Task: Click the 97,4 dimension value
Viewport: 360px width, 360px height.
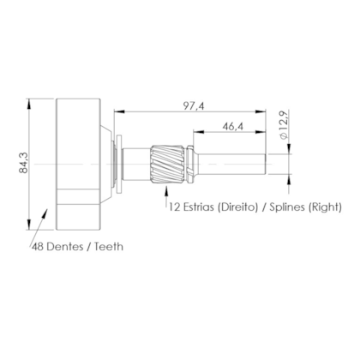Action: click(194, 106)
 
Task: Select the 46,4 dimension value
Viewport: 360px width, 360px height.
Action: click(233, 126)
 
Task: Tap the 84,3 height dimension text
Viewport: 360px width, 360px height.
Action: click(24, 163)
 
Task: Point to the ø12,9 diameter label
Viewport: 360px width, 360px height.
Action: click(285, 125)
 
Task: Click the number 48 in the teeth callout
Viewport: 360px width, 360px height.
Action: click(38, 247)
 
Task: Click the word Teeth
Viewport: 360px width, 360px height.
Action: click(109, 247)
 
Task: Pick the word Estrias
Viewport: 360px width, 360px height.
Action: click(198, 207)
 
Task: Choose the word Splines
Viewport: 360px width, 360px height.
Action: click(287, 207)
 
